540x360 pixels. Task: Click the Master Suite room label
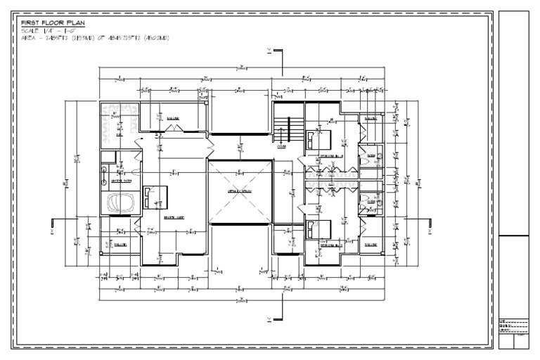coord(174,218)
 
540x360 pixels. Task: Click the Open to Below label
coord(240,191)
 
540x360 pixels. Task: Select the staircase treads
coord(281,130)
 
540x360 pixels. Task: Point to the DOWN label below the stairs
coord(281,147)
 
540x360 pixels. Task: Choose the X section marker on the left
coord(53,226)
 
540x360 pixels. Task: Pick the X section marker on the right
coord(430,226)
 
